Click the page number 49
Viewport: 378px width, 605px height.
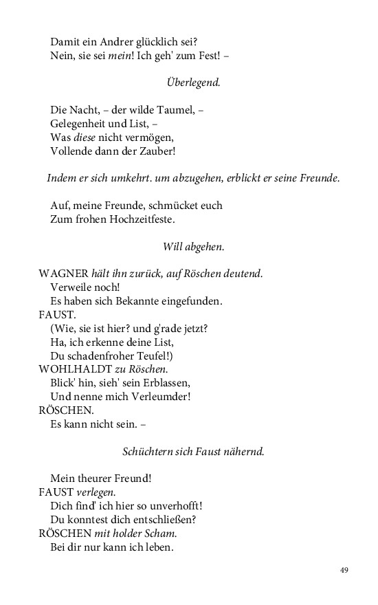(x=344, y=570)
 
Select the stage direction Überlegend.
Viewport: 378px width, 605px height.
(x=193, y=82)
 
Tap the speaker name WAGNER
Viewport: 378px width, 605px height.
(x=63, y=274)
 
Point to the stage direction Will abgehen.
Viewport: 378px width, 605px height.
(x=193, y=246)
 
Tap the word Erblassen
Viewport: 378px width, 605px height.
(x=164, y=383)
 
